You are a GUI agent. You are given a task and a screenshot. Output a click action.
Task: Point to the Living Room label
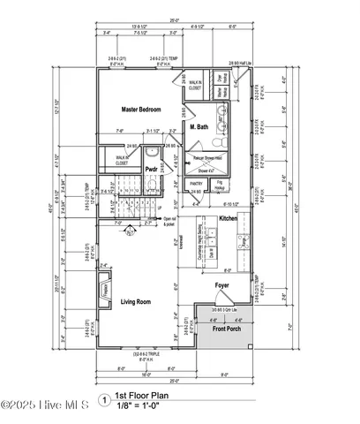139,302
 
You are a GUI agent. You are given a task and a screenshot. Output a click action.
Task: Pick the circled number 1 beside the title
106,399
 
